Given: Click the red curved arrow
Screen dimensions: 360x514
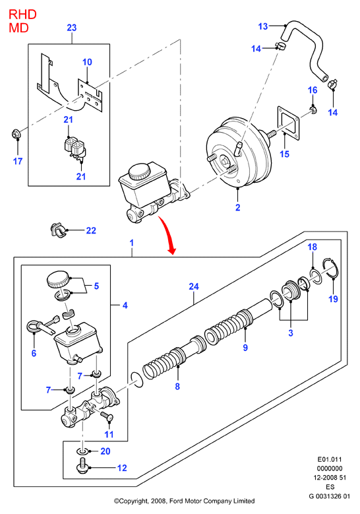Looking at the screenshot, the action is [x=167, y=234].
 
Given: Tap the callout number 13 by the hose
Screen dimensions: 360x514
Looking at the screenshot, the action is [x=263, y=26].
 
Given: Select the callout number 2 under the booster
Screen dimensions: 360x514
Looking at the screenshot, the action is [x=238, y=207].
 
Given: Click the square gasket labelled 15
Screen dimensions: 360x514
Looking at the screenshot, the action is [x=288, y=123].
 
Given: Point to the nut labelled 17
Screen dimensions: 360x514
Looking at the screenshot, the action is [x=15, y=133].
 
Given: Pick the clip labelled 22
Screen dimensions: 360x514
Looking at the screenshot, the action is [x=57, y=230].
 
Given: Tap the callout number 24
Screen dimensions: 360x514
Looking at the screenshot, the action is [x=194, y=286].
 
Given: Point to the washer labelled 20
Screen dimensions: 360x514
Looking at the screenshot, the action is [x=82, y=451].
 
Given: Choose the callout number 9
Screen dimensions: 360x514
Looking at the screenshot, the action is [x=245, y=348].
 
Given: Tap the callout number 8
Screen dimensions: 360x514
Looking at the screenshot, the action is [x=177, y=386].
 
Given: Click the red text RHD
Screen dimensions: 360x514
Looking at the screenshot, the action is [x=22, y=15].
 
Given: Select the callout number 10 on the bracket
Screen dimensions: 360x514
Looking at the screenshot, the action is [x=87, y=62].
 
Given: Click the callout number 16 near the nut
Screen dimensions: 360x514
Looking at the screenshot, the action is [x=313, y=90].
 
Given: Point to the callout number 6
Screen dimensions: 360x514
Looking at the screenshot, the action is [x=34, y=353].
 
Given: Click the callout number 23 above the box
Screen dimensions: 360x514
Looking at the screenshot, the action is [x=71, y=28].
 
